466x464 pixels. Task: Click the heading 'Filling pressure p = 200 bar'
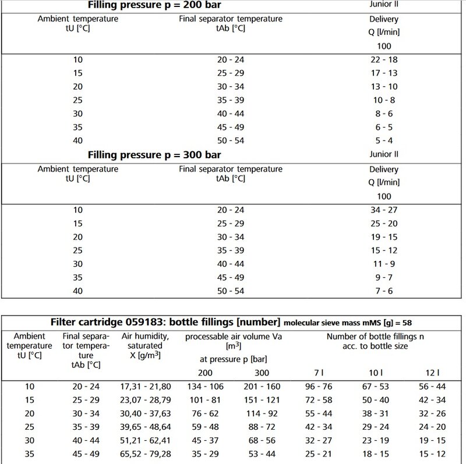[x=154, y=6]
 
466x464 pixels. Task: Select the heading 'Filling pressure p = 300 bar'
[x=154, y=155]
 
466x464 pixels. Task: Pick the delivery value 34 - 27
[x=384, y=210]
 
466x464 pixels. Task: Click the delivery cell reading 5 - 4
[x=384, y=140]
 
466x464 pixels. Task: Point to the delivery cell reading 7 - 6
[x=384, y=290]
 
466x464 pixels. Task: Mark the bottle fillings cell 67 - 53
[x=375, y=387]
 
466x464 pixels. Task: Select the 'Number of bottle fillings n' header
[x=375, y=337]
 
